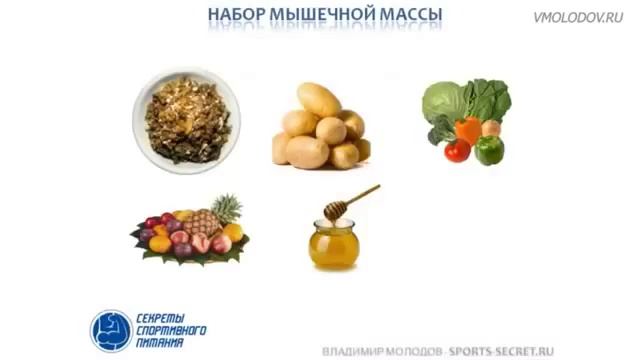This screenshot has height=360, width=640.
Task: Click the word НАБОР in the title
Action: (236, 16)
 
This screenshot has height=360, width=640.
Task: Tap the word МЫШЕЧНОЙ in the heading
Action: (319, 16)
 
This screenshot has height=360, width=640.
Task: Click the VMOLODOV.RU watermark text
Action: (578, 17)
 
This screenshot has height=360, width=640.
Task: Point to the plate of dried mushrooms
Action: (186, 118)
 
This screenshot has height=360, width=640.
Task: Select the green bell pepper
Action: (488, 149)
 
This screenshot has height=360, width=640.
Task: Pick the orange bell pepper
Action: (467, 131)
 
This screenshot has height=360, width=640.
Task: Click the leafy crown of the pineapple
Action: (227, 207)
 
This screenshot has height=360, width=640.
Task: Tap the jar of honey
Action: (333, 244)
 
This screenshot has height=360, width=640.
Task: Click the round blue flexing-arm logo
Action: (110, 329)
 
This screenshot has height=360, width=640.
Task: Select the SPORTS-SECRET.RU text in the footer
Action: (500, 352)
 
